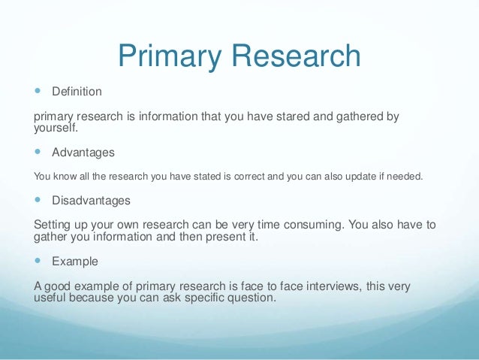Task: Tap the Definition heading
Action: pyautogui.click(x=77, y=92)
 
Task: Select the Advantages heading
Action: pyautogui.click(x=83, y=153)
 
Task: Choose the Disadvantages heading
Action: pyautogui.click(x=91, y=201)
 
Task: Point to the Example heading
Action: pyautogui.click(x=74, y=262)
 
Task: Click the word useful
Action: pyautogui.click(x=52, y=297)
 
